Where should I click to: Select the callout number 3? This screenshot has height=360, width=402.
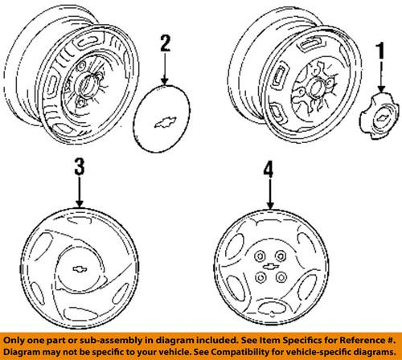coord(80,167)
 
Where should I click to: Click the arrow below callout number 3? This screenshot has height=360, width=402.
coord(80,193)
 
